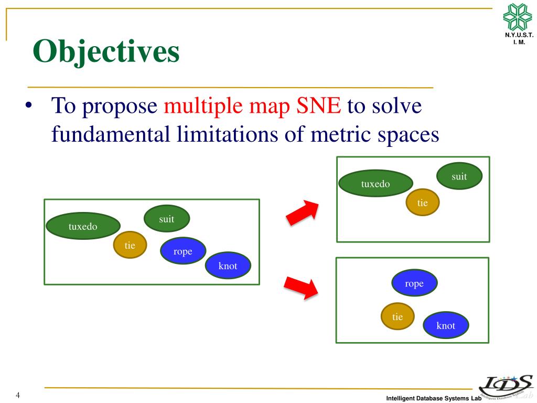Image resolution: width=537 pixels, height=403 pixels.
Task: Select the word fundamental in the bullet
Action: coord(110,135)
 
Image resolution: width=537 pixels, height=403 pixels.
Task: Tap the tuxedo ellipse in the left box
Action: coord(83,226)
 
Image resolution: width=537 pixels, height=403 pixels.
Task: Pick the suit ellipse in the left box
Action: coord(167,219)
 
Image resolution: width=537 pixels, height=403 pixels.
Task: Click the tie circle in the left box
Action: coord(130,245)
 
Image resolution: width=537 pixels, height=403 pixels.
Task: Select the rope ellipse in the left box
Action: coord(183,251)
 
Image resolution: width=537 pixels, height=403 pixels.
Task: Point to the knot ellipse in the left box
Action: coord(228,266)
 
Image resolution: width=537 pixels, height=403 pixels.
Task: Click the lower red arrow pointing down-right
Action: coord(302,287)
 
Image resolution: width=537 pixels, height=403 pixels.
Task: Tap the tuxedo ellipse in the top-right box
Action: coord(375,184)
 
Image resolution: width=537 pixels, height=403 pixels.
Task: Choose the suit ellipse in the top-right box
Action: coord(459,176)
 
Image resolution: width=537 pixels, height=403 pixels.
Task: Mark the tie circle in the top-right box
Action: coord(423,203)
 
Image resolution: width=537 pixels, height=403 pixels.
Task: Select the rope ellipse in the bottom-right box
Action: coord(414,283)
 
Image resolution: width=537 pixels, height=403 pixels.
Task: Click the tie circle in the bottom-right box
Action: coord(398,316)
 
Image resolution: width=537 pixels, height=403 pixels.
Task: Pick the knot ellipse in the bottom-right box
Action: coord(446,325)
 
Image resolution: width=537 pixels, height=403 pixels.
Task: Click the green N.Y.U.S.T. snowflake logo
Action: coord(518,17)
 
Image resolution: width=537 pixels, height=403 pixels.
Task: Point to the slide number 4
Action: coord(18,395)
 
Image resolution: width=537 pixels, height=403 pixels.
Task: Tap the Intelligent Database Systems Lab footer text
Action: coord(434,399)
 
